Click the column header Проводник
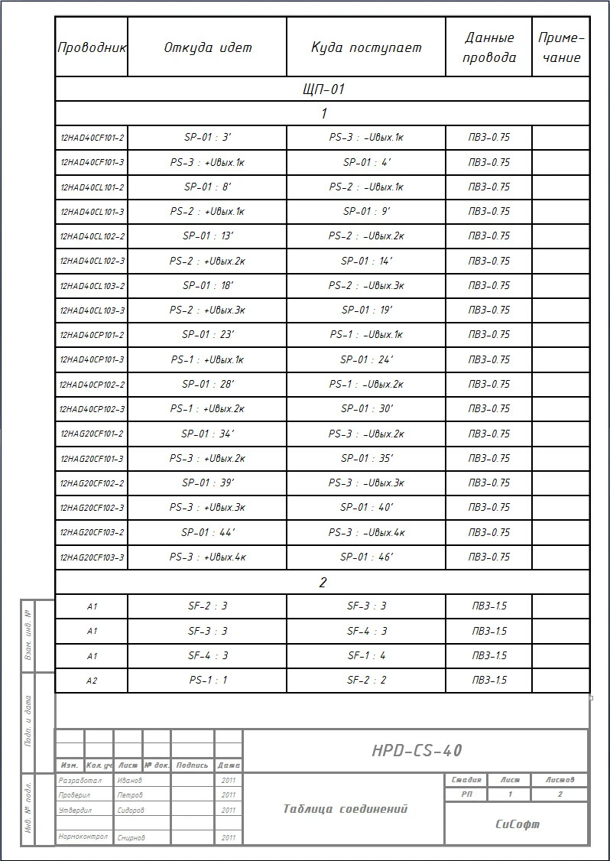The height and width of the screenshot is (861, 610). coord(92,47)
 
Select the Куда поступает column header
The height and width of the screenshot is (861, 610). coord(366,47)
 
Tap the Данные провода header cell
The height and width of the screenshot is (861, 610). coord(489,47)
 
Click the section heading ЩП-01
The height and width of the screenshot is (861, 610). coord(323,89)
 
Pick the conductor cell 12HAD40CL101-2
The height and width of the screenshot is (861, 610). coord(92,187)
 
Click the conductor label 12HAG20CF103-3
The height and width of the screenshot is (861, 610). coord(92,557)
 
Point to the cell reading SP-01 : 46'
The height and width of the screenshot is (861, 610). coord(366,557)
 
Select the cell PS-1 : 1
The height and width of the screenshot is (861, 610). coord(208,681)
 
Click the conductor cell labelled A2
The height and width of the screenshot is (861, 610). coord(92,681)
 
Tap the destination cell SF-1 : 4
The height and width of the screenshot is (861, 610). coord(366,656)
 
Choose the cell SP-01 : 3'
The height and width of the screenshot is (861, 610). coord(208,138)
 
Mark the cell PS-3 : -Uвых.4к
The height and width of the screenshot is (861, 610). coord(366,533)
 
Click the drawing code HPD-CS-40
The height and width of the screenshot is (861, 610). coord(417,751)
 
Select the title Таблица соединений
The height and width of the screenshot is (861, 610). coord(345,809)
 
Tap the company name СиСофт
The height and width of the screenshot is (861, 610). coord(517,824)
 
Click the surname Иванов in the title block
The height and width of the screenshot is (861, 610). coord(129,781)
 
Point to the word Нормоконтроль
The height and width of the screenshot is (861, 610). coord(83,837)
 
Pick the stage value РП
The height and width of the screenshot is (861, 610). coord(466,794)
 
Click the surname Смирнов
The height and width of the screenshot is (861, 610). coord(131,838)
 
